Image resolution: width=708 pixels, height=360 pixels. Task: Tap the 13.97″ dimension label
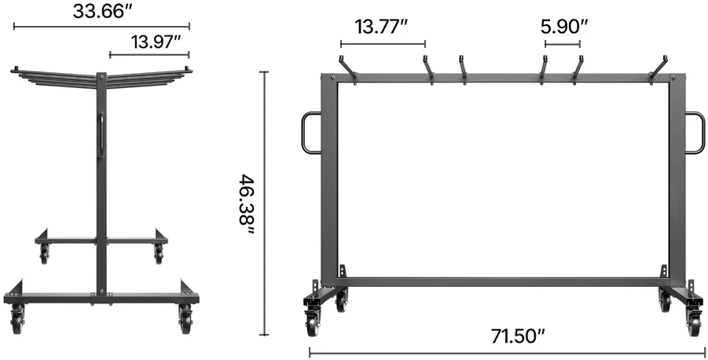tap(156, 42)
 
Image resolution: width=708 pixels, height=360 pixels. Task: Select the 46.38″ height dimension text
tap(248, 204)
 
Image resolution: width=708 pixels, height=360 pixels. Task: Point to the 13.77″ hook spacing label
tap(381, 27)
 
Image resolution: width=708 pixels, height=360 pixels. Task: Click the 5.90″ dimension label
tap(564, 27)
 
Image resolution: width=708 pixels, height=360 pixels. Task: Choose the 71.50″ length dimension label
tap(519, 336)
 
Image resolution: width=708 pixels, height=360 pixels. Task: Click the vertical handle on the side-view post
tap(102, 134)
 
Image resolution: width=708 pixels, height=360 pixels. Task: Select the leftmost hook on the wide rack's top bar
tap(347, 70)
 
